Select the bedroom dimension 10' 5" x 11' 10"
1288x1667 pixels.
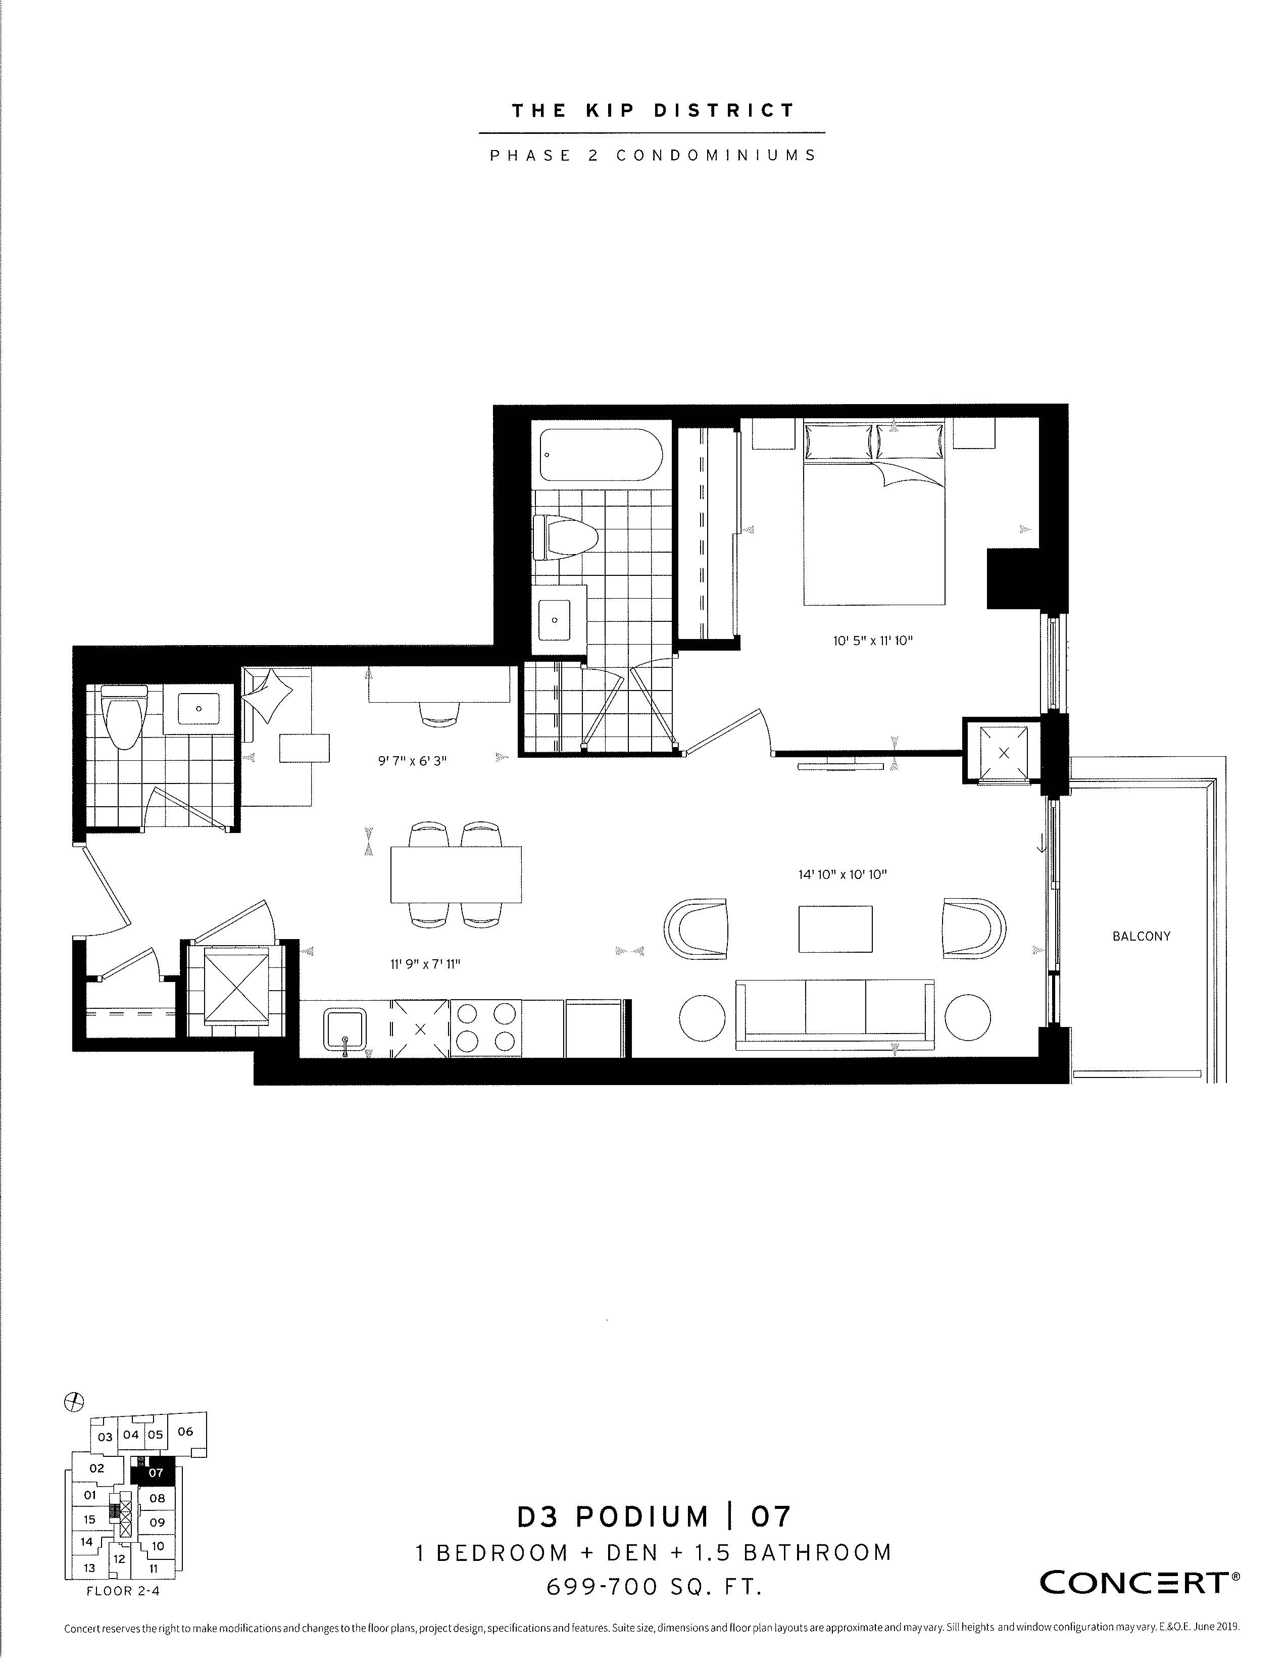click(873, 641)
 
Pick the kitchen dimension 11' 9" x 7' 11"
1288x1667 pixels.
click(425, 964)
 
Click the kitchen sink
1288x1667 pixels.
click(345, 1029)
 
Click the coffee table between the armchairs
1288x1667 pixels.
click(835, 929)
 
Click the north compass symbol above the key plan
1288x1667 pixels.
click(74, 1401)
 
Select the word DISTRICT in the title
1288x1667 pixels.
click(724, 111)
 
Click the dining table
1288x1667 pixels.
click(456, 874)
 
